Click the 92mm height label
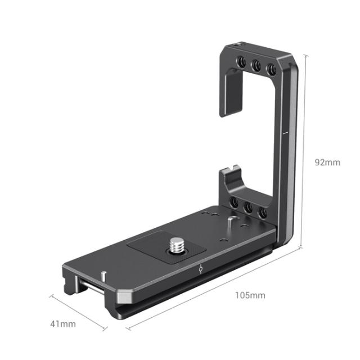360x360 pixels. coord(327,163)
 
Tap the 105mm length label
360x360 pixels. coord(250,295)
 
